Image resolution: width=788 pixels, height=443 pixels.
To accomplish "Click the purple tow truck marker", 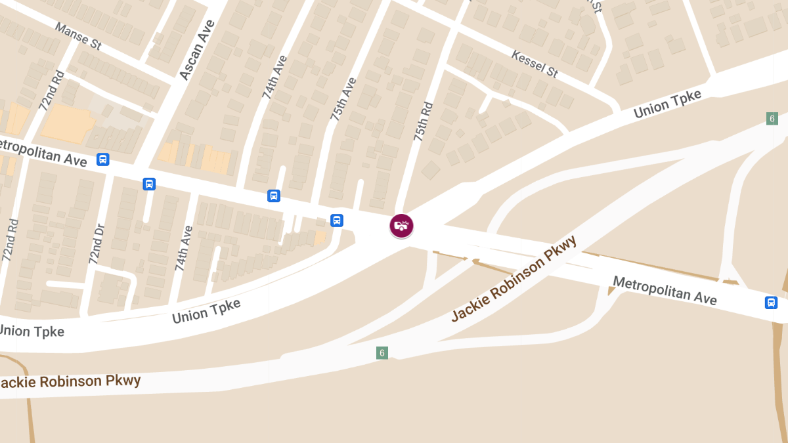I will pyautogui.click(x=401, y=226).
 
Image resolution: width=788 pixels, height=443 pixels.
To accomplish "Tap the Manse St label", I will pyautogui.click(x=78, y=36).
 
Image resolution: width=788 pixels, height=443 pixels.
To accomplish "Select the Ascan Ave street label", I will pyautogui.click(x=197, y=50).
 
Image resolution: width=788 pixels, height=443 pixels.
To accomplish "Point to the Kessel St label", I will pyautogui.click(x=535, y=62).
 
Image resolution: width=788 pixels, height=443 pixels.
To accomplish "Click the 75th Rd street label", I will pyautogui.click(x=424, y=121).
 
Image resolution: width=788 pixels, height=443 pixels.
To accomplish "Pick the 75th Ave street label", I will pyautogui.click(x=343, y=99).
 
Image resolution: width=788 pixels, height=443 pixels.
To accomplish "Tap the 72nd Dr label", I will pyautogui.click(x=97, y=243).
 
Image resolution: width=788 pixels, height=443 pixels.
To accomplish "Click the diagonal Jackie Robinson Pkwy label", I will pyautogui.click(x=514, y=278).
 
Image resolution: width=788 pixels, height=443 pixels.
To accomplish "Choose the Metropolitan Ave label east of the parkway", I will pyautogui.click(x=665, y=289).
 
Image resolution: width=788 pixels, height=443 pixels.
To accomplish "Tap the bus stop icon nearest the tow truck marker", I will pyautogui.click(x=337, y=221).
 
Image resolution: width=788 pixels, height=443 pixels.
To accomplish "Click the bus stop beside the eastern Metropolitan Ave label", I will pyautogui.click(x=771, y=303).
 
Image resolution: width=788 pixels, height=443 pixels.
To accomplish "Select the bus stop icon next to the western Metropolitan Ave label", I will pyautogui.click(x=102, y=159).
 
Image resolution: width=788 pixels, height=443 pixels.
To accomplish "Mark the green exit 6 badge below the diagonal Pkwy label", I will pyautogui.click(x=382, y=353).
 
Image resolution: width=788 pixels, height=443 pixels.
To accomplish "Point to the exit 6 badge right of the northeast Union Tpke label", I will pyautogui.click(x=772, y=119).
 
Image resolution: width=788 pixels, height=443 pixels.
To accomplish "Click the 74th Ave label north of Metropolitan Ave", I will pyautogui.click(x=275, y=77).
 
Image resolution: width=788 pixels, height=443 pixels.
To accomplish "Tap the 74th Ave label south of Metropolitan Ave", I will pyautogui.click(x=184, y=249).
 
